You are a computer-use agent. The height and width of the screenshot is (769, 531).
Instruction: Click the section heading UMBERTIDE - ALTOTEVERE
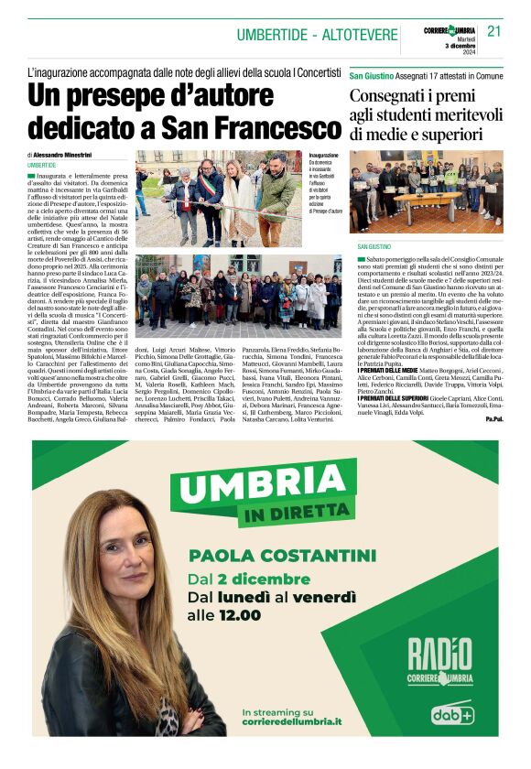click(317, 36)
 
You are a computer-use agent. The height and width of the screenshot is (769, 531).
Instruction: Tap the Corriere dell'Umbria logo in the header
click(449, 31)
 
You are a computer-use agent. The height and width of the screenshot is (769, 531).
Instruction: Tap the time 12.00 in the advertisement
click(244, 616)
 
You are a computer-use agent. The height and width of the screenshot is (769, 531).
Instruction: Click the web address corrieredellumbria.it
click(292, 721)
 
